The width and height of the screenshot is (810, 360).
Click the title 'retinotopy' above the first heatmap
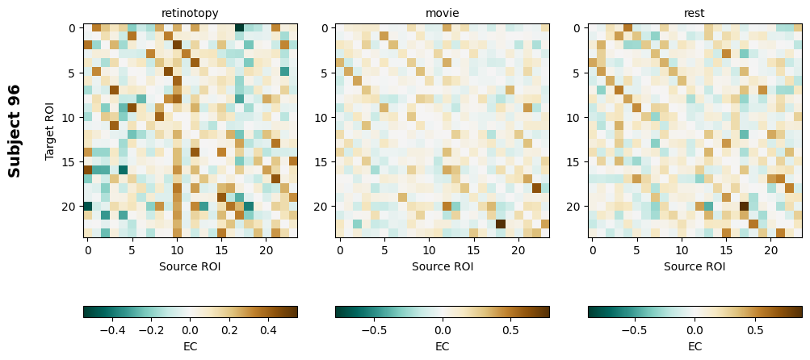pos(190,14)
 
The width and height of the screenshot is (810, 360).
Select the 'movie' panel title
pos(443,14)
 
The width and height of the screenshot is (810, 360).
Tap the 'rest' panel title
pos(695,14)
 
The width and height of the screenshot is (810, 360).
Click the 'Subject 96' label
pos(15,131)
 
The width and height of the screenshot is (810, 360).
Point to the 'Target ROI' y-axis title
pos(50,131)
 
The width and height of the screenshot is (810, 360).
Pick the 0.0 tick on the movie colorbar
pos(443,330)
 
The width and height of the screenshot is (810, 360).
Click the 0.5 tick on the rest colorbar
pos(755,330)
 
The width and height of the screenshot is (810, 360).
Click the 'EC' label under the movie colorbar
pos(443,346)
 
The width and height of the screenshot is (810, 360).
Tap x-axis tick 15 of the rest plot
pos(726,251)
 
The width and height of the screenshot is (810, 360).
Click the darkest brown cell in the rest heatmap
pos(744,207)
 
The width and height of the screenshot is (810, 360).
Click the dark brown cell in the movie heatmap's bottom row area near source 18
pos(501,224)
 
